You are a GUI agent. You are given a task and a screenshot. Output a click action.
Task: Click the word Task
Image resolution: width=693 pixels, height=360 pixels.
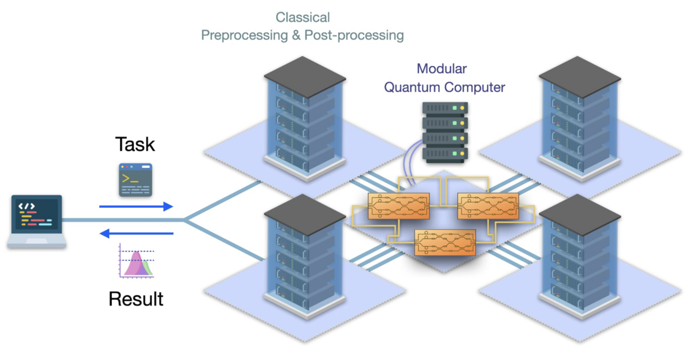click(135, 145)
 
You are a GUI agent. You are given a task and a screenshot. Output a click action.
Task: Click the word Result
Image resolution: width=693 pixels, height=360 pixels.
click(136, 299)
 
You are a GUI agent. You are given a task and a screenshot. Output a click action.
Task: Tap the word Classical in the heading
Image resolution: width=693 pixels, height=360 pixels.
click(303, 17)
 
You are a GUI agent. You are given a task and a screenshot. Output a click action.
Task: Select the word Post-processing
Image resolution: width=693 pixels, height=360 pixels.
click(354, 35)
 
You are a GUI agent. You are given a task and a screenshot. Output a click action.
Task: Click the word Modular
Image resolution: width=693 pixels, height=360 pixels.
click(441, 69)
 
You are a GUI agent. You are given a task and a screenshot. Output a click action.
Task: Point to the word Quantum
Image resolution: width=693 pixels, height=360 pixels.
click(412, 88)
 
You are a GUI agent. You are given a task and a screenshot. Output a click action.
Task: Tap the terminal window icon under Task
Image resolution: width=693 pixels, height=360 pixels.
click(136, 180)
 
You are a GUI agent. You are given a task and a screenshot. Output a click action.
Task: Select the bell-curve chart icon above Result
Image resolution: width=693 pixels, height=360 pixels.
click(136, 262)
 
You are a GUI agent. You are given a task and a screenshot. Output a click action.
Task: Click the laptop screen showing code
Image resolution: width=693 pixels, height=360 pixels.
click(36, 214)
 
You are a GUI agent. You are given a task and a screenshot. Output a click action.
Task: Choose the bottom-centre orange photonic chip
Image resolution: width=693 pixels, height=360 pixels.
click(445, 242)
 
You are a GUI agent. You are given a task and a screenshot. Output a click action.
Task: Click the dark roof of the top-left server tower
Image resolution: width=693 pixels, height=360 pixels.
click(305, 77)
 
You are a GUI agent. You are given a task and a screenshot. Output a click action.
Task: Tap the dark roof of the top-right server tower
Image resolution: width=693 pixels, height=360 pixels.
click(580, 77)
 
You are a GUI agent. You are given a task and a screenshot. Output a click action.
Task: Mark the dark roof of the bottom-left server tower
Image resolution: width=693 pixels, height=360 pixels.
click(305, 214)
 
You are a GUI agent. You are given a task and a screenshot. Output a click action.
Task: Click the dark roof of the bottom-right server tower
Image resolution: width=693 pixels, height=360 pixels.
click(580, 214)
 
